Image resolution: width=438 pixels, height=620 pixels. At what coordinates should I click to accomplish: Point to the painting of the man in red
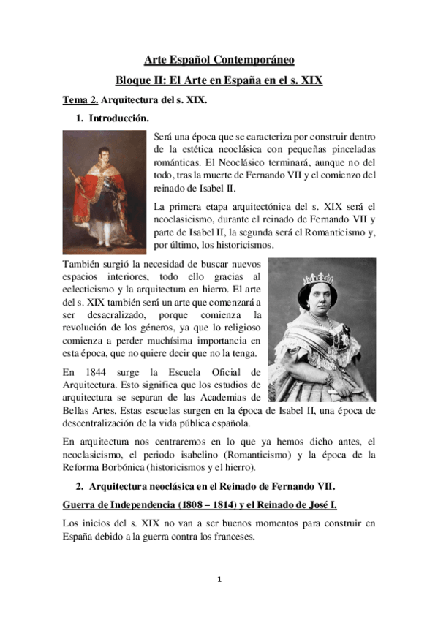point(104,191)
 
